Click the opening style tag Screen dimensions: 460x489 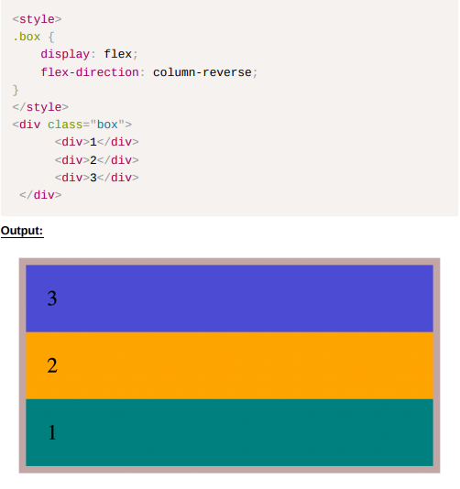[38, 19]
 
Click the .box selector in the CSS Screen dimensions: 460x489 [27, 37]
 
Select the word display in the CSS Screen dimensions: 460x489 [65, 54]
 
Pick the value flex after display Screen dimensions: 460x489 [117, 54]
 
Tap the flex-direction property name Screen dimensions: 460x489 [90, 72]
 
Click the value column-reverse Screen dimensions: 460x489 [203, 72]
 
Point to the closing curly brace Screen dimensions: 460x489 [16, 90]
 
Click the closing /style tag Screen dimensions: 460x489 [40, 107]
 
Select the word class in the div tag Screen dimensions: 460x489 [65, 125]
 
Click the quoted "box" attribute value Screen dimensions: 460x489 [107, 125]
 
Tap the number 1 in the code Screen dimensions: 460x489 [93, 142]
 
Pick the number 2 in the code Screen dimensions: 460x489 [93, 160]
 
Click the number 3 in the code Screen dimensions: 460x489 [93, 178]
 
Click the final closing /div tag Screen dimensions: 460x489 [40, 195]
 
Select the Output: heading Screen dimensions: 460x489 [22, 231]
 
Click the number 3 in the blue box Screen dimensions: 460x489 [52, 299]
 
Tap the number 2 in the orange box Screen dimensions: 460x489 [52, 365]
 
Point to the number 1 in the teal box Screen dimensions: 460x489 [52, 432]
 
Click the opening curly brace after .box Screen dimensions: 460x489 [51, 38]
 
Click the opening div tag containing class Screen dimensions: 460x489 [72, 125]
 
